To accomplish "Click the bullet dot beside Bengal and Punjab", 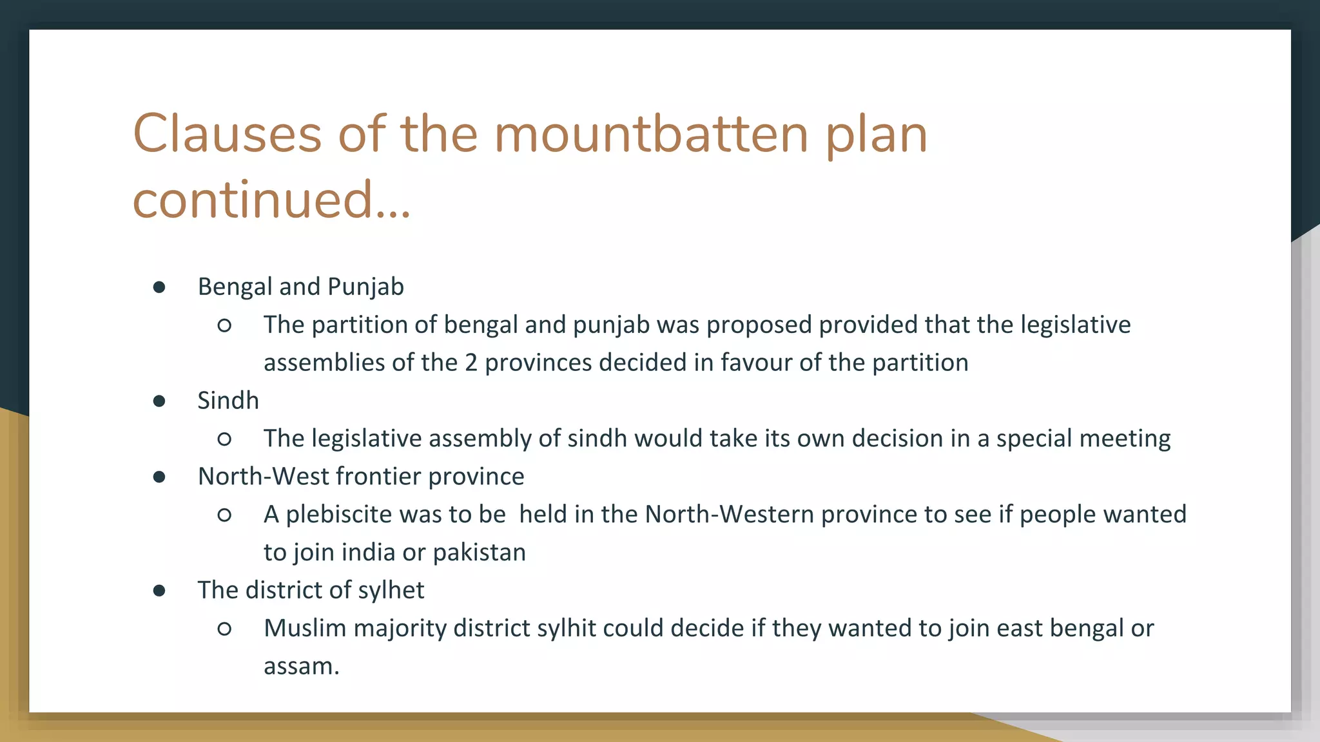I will pyautogui.click(x=159, y=287).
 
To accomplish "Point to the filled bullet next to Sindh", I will pyautogui.click(x=159, y=401).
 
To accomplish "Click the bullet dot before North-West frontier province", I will pyautogui.click(x=159, y=477).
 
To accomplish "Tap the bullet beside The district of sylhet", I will pyautogui.click(x=159, y=591).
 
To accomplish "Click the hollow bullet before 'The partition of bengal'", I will pyautogui.click(x=224, y=325).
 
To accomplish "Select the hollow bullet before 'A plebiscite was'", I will pyautogui.click(x=224, y=515).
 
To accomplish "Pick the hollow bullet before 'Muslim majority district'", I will pyautogui.click(x=224, y=629).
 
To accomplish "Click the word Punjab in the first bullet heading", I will pyautogui.click(x=365, y=287).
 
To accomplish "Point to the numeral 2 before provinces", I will pyautogui.click(x=471, y=363).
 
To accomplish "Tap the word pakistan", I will pyautogui.click(x=479, y=553).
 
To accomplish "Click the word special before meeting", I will pyautogui.click(x=1034, y=439).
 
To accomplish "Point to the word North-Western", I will pyautogui.click(x=730, y=515).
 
